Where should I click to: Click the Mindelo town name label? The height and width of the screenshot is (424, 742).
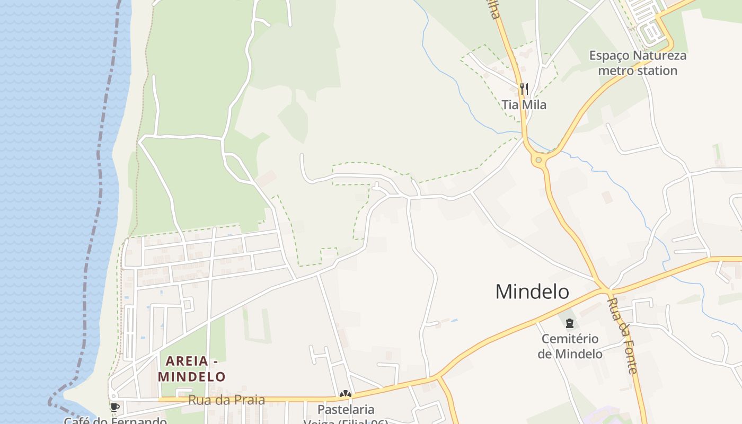(x=532, y=292)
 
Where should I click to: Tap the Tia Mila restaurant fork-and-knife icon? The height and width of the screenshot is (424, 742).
(x=524, y=89)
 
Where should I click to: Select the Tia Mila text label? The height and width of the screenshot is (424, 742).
(x=524, y=105)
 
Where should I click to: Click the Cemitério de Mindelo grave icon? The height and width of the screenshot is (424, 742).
(x=570, y=323)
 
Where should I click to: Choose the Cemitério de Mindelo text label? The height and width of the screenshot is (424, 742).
(x=570, y=346)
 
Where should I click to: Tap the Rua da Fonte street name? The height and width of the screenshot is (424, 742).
(x=622, y=335)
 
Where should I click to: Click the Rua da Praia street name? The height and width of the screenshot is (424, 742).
(x=226, y=400)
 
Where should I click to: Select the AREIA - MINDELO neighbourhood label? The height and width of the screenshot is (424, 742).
(x=192, y=369)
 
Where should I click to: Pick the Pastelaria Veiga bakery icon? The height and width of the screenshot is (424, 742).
(x=346, y=394)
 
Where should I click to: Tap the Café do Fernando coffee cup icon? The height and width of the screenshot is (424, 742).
(x=114, y=408)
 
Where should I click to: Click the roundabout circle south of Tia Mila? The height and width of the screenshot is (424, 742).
(x=539, y=160)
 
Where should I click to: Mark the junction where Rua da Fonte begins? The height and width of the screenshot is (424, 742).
(x=605, y=290)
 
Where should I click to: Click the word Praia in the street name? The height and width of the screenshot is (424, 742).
(x=248, y=400)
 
